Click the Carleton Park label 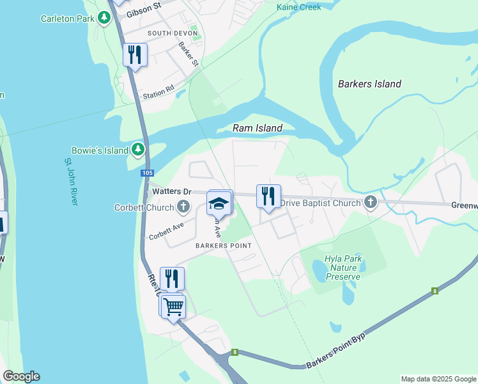click(66, 19)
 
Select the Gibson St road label click(142, 12)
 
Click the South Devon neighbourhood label click(173, 33)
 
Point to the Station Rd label click(158, 93)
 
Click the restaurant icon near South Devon click(135, 54)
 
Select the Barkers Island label click(369, 84)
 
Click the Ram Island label click(257, 128)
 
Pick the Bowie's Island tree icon click(138, 150)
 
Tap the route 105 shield click(148, 173)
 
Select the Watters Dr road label click(170, 191)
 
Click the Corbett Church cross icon click(183, 206)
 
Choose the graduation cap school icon click(219, 203)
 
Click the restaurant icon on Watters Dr click(268, 196)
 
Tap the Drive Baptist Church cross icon click(370, 203)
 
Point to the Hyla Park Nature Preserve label click(343, 268)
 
